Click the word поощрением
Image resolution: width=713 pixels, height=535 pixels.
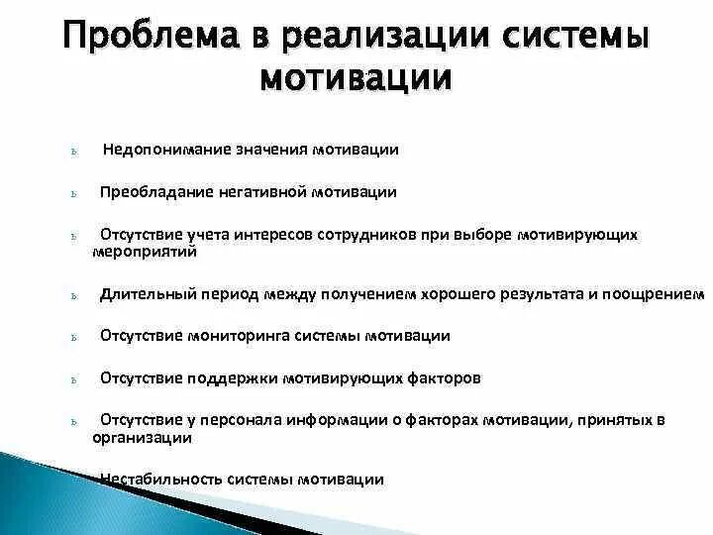click(658, 294)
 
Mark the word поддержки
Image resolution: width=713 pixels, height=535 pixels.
click(232, 378)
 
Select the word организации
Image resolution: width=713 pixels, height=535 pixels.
click(142, 437)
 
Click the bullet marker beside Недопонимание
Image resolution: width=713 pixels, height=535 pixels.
click(75, 152)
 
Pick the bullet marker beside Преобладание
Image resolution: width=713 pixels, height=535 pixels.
click(75, 194)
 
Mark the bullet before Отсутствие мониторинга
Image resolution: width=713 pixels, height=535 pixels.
click(75, 338)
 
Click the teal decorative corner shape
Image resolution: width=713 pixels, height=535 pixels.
click(40, 495)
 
